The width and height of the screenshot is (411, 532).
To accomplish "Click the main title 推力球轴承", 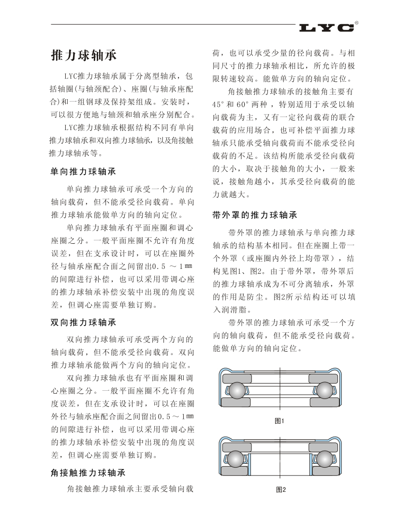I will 84,55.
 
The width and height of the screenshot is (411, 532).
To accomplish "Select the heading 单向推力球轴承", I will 83,172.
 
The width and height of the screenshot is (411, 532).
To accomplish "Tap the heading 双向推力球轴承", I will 83,322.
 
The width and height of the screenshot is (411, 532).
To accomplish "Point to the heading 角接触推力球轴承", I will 88,473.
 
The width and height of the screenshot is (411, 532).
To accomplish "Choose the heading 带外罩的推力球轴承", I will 255,215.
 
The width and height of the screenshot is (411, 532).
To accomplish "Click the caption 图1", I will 279,421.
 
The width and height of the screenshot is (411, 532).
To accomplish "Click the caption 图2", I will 280,489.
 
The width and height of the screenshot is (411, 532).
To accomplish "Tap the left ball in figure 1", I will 237,391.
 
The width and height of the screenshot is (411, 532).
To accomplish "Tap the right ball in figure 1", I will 323,391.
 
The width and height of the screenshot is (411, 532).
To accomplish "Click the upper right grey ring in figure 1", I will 323,378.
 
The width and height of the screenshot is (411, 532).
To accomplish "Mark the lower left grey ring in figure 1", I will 236,402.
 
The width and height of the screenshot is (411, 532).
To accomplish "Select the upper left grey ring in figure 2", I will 236,447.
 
